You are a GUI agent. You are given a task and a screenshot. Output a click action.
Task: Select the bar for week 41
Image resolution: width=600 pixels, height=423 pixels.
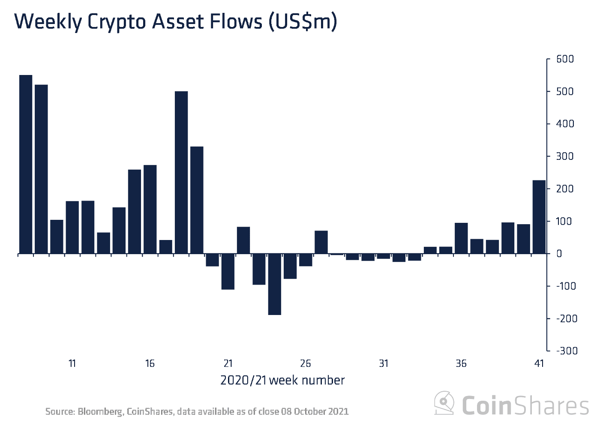click(x=539, y=217)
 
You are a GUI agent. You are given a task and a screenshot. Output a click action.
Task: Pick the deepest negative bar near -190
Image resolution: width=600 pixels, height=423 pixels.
click(x=274, y=284)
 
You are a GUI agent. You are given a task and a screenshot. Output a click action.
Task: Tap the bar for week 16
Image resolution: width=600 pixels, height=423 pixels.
click(x=150, y=209)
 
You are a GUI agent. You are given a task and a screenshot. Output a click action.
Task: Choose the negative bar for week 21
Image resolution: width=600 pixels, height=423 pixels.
click(x=228, y=272)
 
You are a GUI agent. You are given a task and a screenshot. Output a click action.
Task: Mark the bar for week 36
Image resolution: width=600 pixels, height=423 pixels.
click(x=461, y=238)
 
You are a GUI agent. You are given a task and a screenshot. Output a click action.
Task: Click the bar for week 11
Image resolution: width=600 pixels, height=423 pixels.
click(x=72, y=227)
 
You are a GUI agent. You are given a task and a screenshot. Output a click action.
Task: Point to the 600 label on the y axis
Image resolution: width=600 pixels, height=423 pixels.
click(x=564, y=59)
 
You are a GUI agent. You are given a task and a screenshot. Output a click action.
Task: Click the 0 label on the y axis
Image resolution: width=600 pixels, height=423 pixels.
click(x=559, y=254)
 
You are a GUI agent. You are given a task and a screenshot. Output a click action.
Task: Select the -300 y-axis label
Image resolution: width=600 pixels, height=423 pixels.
click(x=567, y=351)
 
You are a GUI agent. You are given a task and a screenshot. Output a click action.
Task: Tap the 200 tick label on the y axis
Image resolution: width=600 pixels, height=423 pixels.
click(x=564, y=189)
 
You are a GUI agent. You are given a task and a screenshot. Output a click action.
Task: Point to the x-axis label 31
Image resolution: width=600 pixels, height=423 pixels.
click(x=384, y=363)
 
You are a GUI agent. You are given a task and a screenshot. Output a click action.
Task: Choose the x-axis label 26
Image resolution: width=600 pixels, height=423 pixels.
click(x=306, y=363)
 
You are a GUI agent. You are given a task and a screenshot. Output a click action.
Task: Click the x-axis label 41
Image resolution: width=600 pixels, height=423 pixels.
click(x=539, y=363)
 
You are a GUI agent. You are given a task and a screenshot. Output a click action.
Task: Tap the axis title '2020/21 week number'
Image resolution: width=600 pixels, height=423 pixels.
click(x=282, y=380)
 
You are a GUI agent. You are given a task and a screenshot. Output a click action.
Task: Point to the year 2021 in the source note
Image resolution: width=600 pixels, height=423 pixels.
click(x=339, y=411)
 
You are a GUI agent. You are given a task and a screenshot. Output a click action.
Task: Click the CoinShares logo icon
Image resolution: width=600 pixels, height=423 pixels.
click(x=444, y=403)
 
